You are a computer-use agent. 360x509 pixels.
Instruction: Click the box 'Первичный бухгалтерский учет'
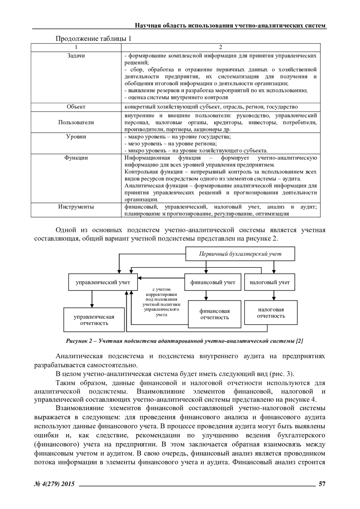point(240,254)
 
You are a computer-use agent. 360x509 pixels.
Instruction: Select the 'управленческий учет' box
point(103,282)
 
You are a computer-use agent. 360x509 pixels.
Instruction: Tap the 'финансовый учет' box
point(213,282)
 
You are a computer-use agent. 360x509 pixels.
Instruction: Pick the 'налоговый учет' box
point(269,282)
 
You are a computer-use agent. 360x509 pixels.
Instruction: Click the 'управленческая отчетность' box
point(94,320)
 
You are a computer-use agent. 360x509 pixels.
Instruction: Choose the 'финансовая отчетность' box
point(214,314)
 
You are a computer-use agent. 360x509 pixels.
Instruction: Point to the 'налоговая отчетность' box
point(271,313)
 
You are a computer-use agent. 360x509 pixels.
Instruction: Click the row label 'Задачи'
point(76,56)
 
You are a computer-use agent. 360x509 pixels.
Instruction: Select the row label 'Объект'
point(76,107)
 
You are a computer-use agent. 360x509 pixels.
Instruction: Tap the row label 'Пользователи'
point(76,122)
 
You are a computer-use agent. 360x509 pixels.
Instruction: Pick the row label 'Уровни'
point(76,137)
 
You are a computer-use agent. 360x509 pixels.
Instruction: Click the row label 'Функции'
point(76,158)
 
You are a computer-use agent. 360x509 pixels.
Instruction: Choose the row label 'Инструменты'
point(76,207)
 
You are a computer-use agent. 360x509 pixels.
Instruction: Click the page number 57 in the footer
point(322,484)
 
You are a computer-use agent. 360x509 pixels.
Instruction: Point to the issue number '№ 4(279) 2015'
point(54,484)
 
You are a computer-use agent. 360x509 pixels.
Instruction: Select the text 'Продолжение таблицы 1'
point(94,39)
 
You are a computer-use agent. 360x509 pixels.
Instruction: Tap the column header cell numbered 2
point(220,47)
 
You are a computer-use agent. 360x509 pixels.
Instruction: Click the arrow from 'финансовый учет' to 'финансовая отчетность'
point(206,295)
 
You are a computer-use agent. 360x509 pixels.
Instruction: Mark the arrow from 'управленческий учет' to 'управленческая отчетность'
point(92,299)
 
